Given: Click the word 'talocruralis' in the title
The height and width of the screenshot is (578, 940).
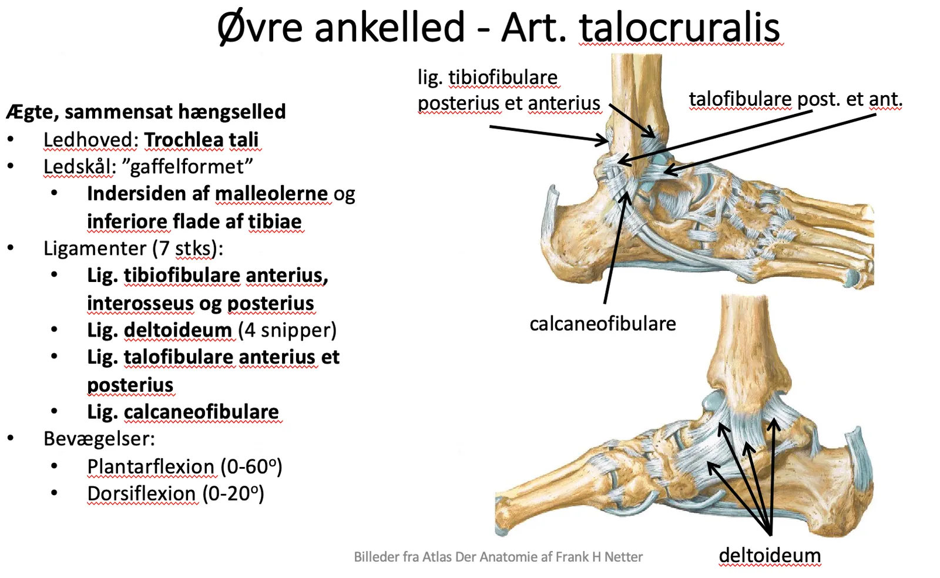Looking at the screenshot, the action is pos(679,28).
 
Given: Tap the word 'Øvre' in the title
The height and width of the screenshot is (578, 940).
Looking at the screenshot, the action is pos(260,28).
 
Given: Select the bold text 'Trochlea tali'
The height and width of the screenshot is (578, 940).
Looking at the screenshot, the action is pos(202,140).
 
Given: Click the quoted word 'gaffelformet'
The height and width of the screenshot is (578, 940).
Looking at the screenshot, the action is pos(187,167).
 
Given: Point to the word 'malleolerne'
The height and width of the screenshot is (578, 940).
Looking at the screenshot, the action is pos(271,194).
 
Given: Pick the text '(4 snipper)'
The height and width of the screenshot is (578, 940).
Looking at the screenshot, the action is pos(287,330).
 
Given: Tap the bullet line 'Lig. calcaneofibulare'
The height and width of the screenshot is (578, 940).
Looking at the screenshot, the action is pos(183,412).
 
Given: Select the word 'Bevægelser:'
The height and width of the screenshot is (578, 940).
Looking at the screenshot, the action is pos(99,439).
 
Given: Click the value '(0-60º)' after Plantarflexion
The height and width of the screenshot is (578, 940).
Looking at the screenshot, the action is pos(251,466).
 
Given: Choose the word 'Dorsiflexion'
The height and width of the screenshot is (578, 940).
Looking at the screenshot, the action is pos(142,493).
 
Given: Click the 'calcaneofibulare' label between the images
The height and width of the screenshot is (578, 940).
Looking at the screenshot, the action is pos(603,324).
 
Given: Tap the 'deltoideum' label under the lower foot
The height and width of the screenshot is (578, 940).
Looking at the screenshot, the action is pos(770,555).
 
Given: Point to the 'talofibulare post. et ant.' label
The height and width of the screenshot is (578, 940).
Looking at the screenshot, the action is pos(795,99).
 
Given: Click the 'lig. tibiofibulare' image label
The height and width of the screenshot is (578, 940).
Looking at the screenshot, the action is pos(488,78).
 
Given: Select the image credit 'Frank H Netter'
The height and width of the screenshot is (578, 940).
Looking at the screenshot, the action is pos(599,557).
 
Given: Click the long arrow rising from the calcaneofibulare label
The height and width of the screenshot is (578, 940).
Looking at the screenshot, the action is pos(617,247).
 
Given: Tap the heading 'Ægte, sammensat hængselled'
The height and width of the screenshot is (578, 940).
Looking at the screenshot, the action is pos(146,112).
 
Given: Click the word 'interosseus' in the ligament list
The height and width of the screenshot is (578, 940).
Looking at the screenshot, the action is pos(140,303).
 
